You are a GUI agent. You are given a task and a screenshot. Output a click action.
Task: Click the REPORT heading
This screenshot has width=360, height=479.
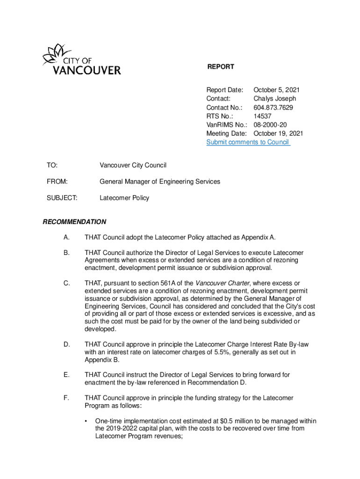(221, 67)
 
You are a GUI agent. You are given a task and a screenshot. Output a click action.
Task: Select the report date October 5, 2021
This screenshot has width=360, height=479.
(276, 90)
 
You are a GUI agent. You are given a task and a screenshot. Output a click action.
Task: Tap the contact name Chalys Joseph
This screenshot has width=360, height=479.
(274, 99)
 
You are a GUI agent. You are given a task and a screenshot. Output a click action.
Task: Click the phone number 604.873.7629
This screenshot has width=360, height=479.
(273, 108)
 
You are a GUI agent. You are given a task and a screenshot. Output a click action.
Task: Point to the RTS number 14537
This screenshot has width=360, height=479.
(262, 116)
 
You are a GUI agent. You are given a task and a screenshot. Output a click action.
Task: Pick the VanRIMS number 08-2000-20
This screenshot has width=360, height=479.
(270, 125)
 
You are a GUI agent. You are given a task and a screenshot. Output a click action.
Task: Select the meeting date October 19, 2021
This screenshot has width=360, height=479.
(278, 133)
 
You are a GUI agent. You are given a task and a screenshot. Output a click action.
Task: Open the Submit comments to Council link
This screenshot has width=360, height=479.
(248, 142)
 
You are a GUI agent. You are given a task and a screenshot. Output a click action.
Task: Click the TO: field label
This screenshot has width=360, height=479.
(52, 166)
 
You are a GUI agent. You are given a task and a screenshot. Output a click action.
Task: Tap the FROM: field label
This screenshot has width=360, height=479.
(57, 181)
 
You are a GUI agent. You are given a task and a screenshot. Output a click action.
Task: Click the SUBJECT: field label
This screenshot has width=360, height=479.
(62, 198)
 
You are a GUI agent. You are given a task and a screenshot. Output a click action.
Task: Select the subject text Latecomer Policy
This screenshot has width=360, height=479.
(124, 198)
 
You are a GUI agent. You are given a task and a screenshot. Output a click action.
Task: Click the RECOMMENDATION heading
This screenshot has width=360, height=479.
(74, 222)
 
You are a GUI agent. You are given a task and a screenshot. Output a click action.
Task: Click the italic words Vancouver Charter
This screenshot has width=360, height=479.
(222, 283)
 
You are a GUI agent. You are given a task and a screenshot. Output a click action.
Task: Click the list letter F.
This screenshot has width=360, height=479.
(66, 398)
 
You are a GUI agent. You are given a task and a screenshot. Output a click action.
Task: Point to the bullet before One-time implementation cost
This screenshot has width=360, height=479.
(86, 421)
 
